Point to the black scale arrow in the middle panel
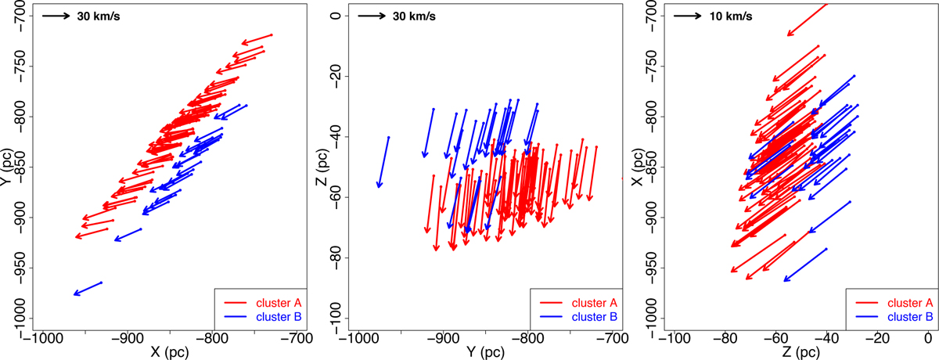[x=369, y=15]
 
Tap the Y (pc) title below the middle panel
[x=484, y=352]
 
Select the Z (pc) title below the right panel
[x=797, y=352]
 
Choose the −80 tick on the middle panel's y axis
[x=338, y=258]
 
